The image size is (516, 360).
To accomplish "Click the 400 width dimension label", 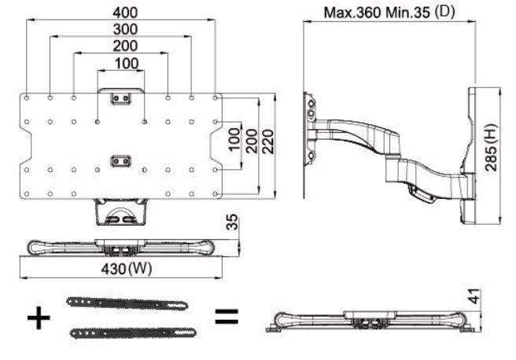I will pos(120,12).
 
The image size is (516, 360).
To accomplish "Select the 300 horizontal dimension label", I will pos(120,29).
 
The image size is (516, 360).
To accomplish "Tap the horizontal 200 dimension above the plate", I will pos(120,46).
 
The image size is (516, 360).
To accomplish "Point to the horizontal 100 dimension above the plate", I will pos(120,63).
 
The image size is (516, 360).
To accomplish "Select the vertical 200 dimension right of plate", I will pos(251,142).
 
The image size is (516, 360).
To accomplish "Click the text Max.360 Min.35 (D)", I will pos(391,13).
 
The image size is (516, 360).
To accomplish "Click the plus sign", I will pos(39,318).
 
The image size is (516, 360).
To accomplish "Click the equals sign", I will pos(227,318).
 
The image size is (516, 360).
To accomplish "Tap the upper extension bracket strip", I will pos(127,303).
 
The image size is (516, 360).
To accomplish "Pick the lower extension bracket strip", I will pos(127,332).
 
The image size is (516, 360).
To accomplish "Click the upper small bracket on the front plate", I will pos(120,98).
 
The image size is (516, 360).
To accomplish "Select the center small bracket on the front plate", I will pos(120,160).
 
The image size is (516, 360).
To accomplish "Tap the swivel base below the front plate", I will pos(120,212).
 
